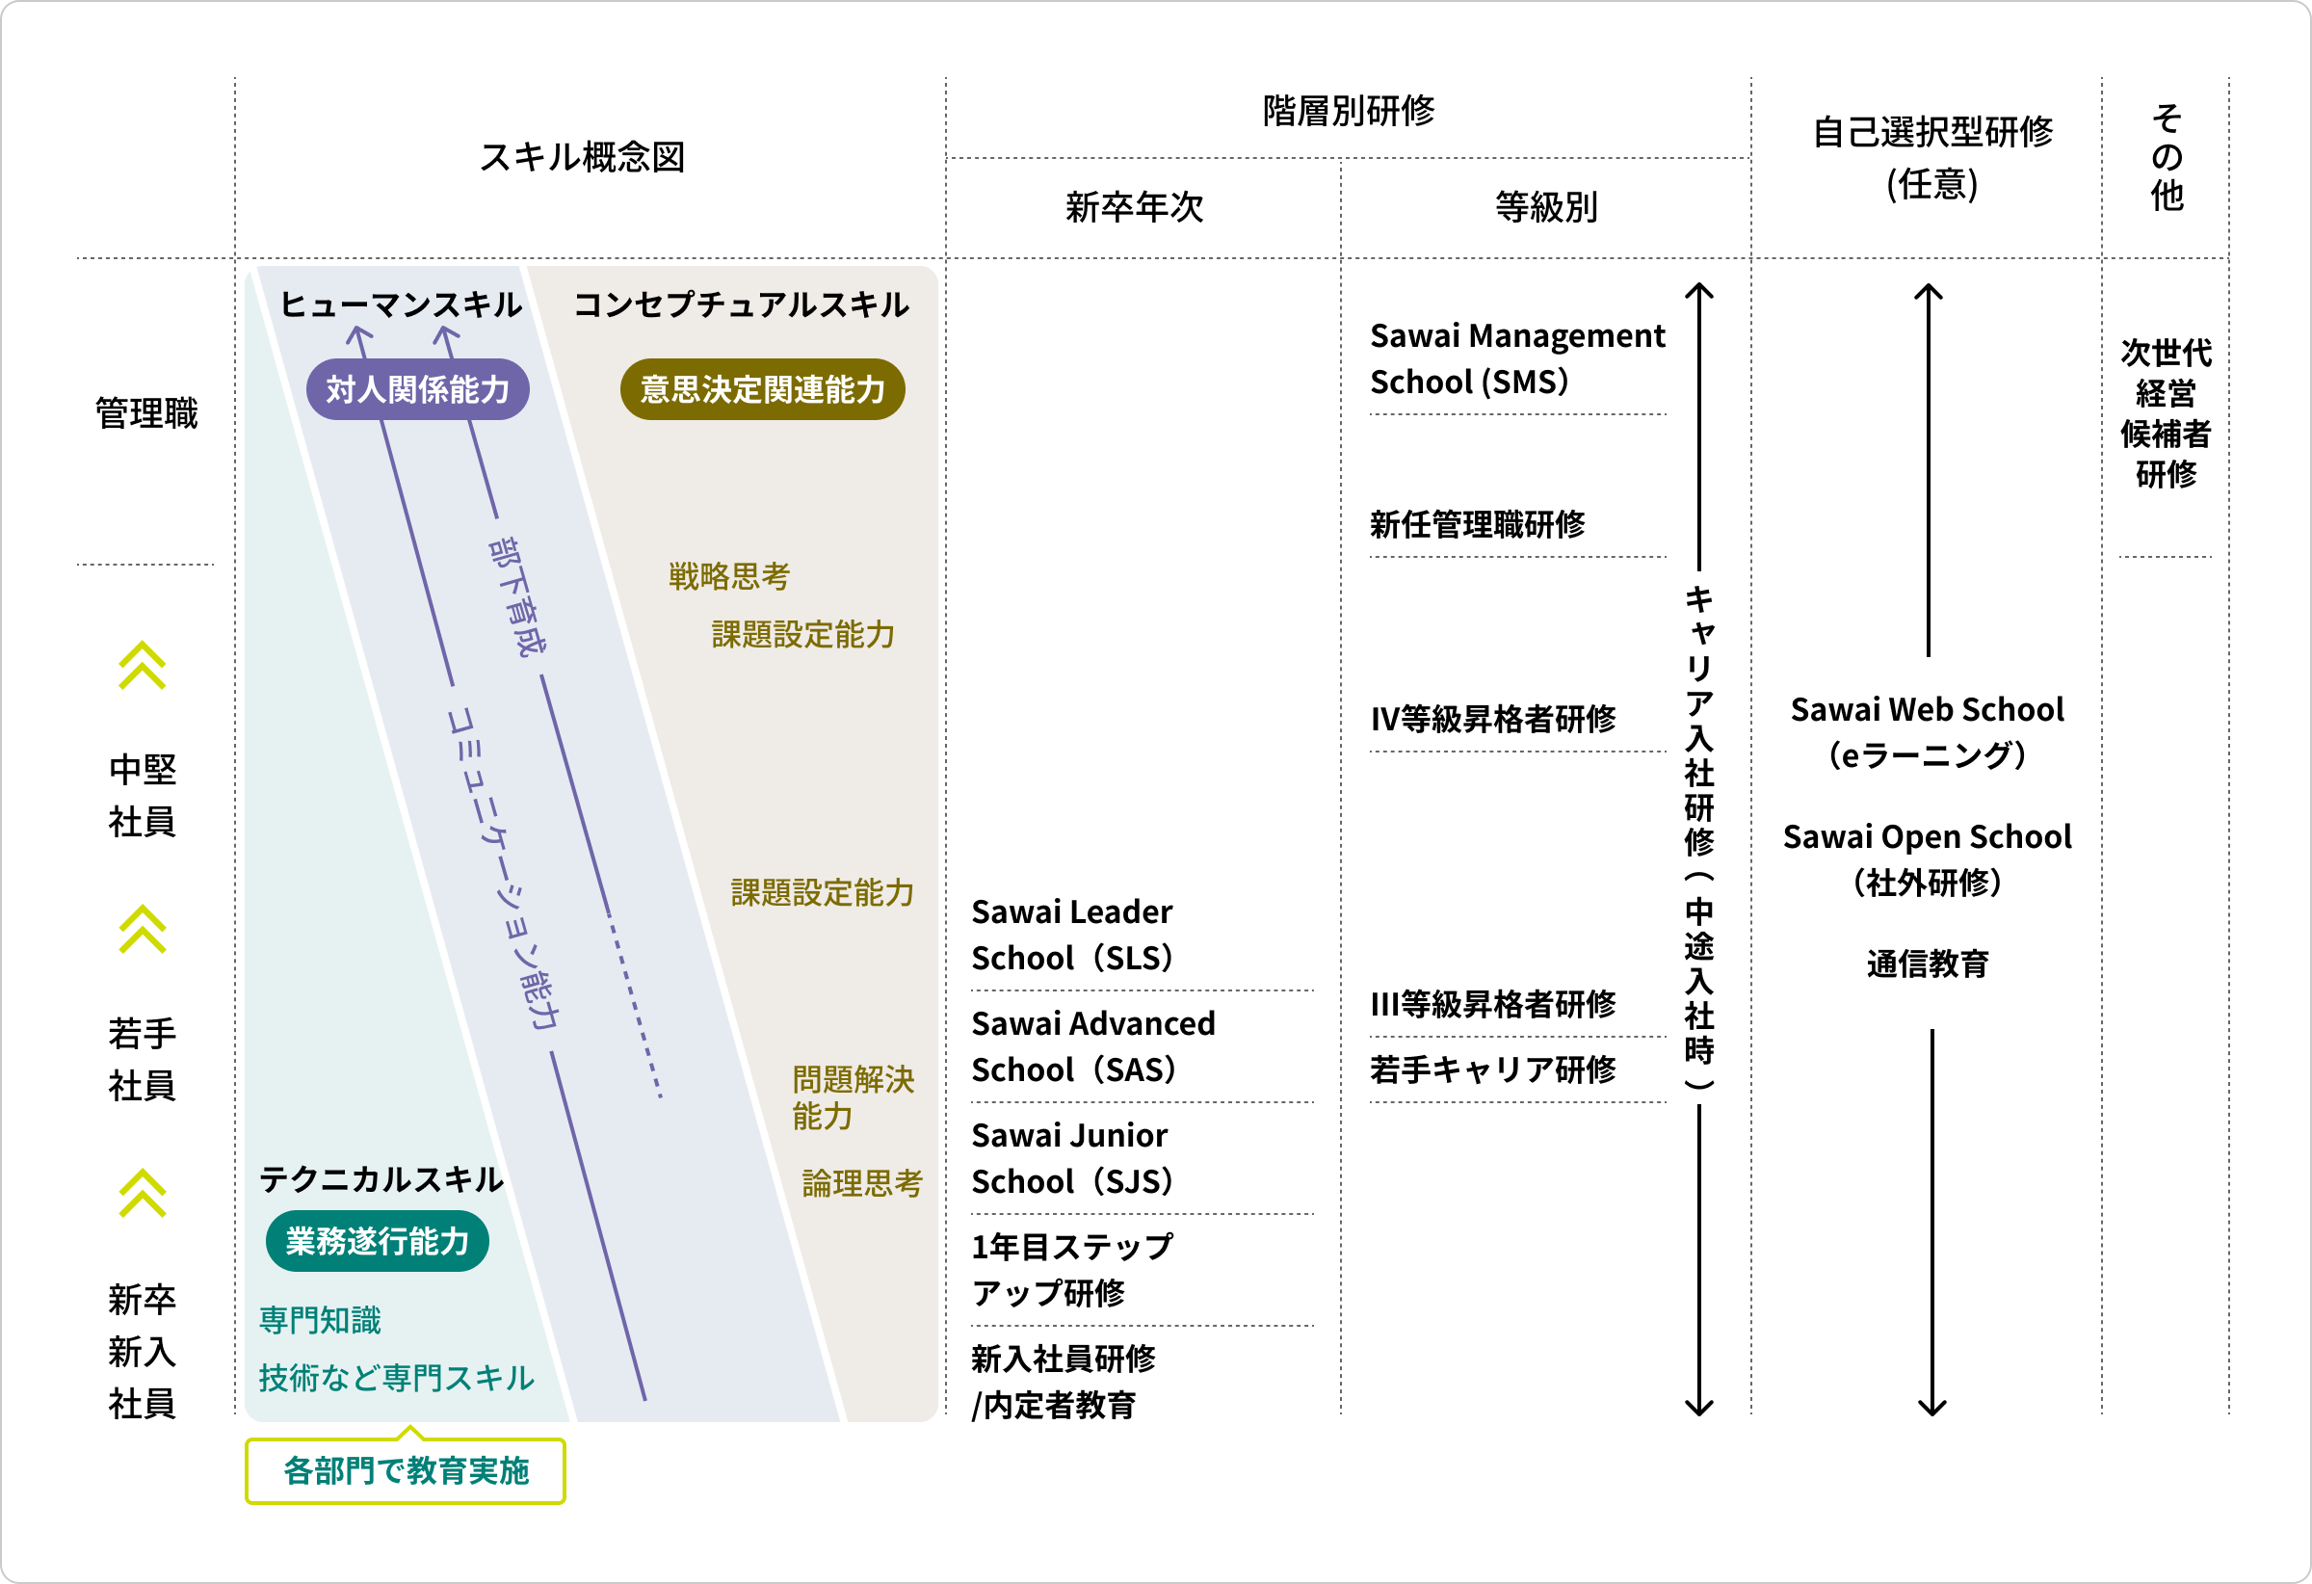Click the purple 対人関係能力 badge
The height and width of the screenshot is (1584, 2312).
coord(418,389)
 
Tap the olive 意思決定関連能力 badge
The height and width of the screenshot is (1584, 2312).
coord(762,389)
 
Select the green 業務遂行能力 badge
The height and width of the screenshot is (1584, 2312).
coord(377,1241)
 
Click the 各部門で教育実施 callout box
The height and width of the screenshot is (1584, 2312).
coord(405,1470)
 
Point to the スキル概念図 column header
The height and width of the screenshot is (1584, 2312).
coord(582,157)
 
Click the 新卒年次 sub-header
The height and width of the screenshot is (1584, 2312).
coord(1134,207)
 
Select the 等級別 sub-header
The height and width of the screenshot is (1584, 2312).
coord(1546,207)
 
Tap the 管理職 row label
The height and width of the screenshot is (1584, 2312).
coord(146,413)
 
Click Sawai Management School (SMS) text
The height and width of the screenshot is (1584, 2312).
coord(1516,358)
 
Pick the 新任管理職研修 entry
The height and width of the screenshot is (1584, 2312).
coord(1478,523)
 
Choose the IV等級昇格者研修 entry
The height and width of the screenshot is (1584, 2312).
coord(1492,719)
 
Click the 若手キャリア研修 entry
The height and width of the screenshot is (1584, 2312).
coord(1492,1069)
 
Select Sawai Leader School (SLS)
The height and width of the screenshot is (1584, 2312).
coord(1072,935)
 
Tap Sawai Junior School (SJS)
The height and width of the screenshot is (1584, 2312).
coord(1072,1158)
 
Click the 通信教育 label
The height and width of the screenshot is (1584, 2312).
coord(1927,964)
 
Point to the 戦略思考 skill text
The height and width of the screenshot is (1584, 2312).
coord(728,576)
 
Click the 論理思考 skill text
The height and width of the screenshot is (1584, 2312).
coord(861,1183)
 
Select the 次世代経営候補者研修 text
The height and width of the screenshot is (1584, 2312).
coord(2165,413)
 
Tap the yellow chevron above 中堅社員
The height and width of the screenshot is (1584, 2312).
coord(143,665)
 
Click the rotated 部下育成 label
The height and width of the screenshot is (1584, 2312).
coord(517,597)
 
